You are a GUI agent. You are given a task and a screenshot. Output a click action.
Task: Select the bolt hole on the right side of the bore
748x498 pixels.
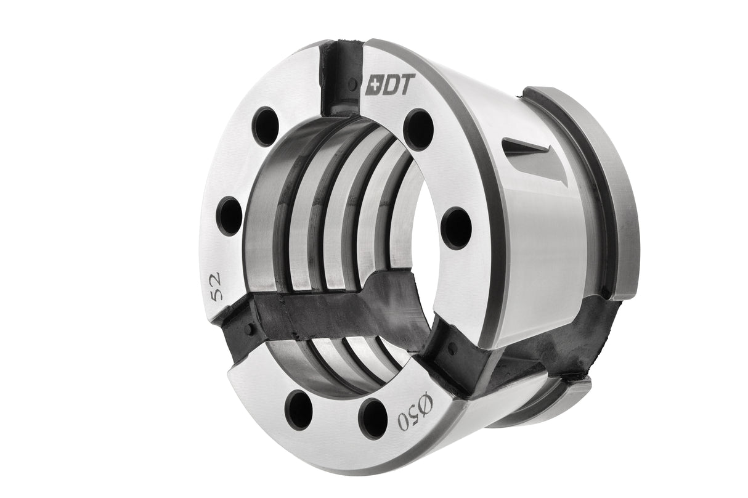[x=457, y=228]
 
